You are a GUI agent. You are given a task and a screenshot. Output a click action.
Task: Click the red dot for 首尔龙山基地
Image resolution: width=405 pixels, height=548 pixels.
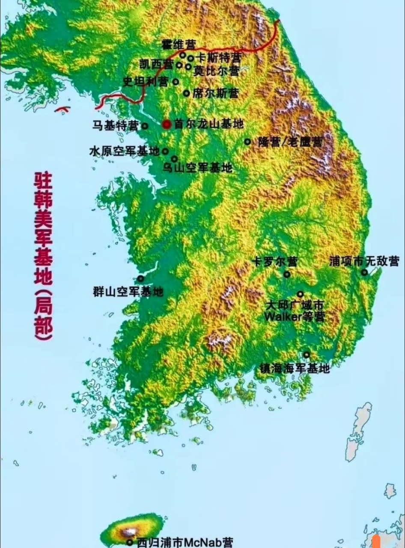click(x=167, y=124)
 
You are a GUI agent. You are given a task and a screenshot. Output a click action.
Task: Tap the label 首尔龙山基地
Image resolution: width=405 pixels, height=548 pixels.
click(x=208, y=124)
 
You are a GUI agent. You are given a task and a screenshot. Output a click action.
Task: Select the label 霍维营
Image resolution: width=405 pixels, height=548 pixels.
click(x=179, y=45)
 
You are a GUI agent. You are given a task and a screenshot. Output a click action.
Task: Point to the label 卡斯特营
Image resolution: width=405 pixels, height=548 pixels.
click(x=218, y=58)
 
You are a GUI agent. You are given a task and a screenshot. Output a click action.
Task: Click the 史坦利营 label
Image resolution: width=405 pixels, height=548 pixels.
click(x=145, y=82)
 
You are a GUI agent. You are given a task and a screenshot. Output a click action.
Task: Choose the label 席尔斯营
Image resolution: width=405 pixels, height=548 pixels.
click(x=215, y=93)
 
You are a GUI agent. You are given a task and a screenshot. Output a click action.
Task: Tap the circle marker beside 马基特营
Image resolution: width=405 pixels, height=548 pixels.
click(x=145, y=126)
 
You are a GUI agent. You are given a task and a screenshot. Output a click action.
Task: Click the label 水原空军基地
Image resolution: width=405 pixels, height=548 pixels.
click(x=124, y=151)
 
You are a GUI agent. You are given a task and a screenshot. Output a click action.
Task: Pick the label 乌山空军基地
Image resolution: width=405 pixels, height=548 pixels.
click(x=197, y=168)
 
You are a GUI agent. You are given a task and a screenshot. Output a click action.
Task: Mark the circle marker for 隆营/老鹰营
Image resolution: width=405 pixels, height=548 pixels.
click(x=247, y=142)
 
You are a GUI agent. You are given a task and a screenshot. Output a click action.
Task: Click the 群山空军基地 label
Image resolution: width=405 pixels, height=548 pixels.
click(x=128, y=292)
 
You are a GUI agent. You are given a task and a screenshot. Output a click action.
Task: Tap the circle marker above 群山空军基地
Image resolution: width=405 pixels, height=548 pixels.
click(x=140, y=279)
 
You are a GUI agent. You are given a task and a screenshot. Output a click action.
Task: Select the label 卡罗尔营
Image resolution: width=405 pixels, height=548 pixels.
click(x=274, y=262)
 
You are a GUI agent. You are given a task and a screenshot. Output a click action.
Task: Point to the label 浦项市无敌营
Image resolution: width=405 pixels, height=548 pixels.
click(x=364, y=261)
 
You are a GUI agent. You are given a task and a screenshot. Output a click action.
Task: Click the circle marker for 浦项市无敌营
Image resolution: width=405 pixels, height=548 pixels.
click(x=364, y=272)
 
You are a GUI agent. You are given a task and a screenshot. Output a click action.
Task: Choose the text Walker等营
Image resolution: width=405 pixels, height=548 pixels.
click(x=295, y=317)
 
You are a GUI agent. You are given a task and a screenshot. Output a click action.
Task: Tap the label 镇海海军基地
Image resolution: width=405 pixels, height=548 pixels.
click(x=295, y=368)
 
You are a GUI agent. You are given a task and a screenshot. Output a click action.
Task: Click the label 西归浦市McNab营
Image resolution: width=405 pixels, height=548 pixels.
click(x=185, y=542)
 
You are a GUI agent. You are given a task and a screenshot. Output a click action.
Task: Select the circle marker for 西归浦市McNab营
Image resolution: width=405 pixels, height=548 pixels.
click(x=129, y=542)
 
